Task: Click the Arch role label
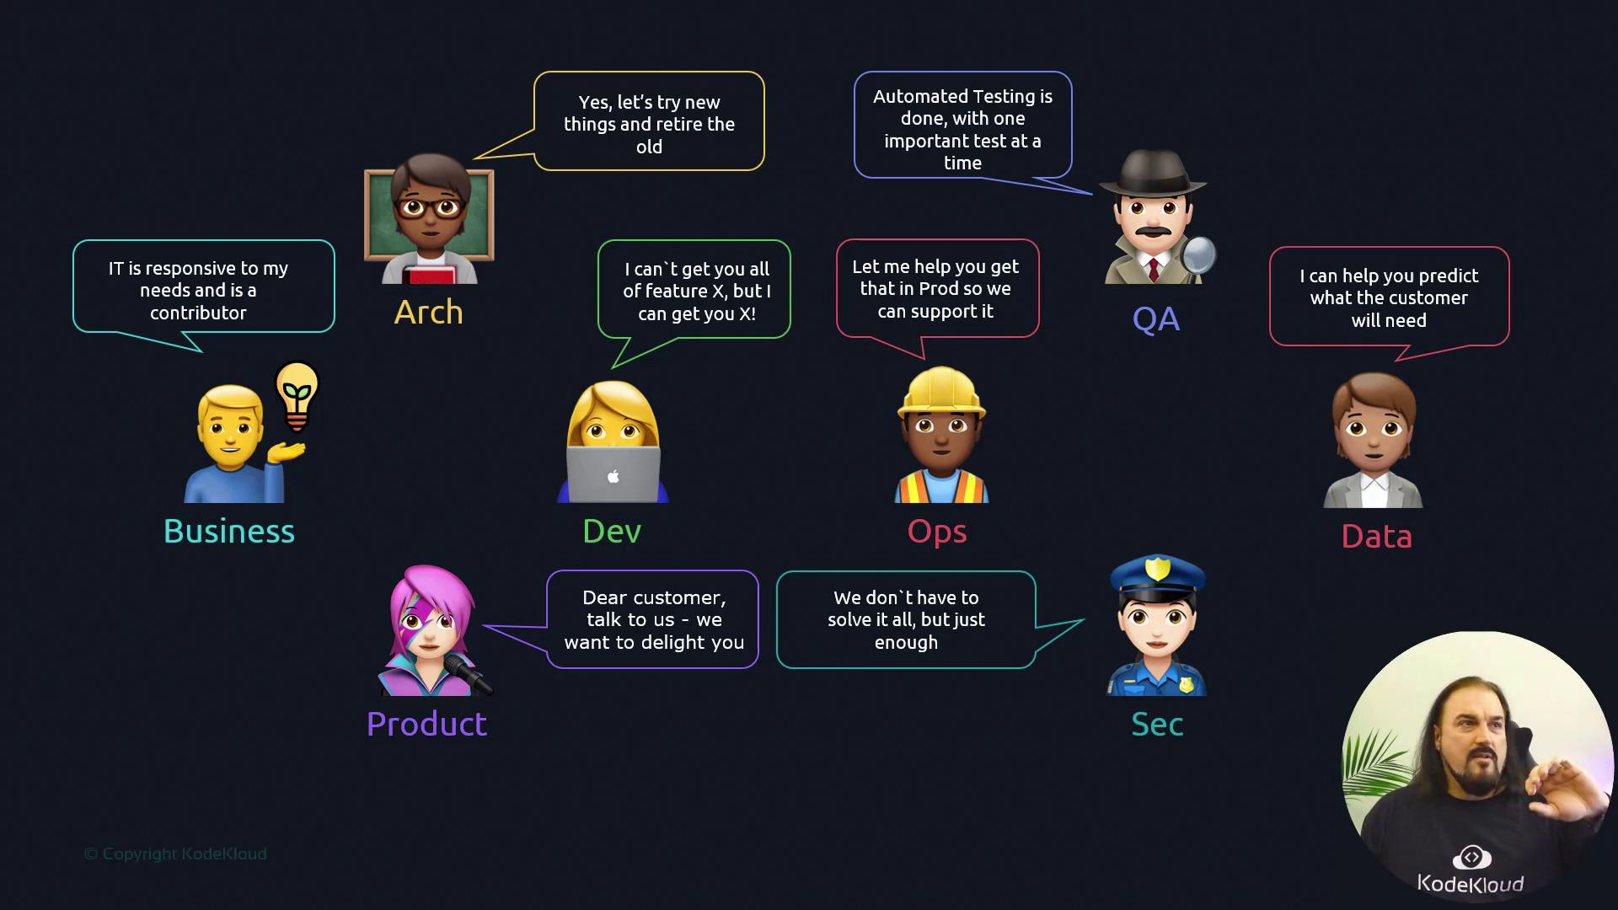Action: tap(428, 313)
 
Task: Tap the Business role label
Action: tap(229, 532)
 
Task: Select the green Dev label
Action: tap(612, 532)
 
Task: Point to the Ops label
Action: tap(937, 532)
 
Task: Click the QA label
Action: tap(1155, 319)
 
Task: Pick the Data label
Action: tap(1376, 537)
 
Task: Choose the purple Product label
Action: tap(426, 725)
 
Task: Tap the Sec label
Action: tap(1157, 725)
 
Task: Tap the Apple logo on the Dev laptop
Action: tap(613, 477)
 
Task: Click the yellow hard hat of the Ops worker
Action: tap(941, 392)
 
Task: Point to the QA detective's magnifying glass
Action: tap(1198, 254)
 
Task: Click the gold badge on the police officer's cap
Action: tap(1158, 569)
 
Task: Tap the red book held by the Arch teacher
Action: tap(428, 274)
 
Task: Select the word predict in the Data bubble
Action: tap(1444, 276)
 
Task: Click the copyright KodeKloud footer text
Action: tap(175, 854)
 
